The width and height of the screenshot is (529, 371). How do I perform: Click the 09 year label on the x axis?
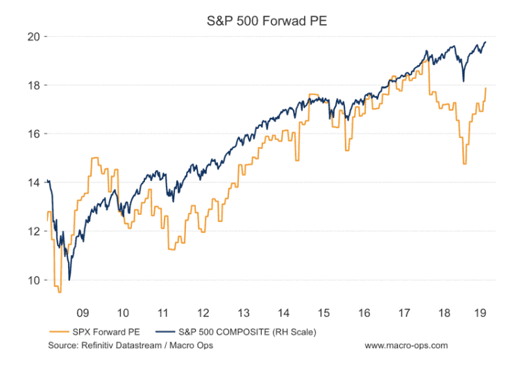(82, 311)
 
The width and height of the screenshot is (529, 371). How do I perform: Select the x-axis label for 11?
(162, 311)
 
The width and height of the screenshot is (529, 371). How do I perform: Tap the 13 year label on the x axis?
(244, 311)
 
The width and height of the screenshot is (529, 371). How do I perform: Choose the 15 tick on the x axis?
(324, 311)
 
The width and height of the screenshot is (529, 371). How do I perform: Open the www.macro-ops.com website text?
(406, 345)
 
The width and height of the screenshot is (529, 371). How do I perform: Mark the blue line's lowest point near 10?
(69, 279)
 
